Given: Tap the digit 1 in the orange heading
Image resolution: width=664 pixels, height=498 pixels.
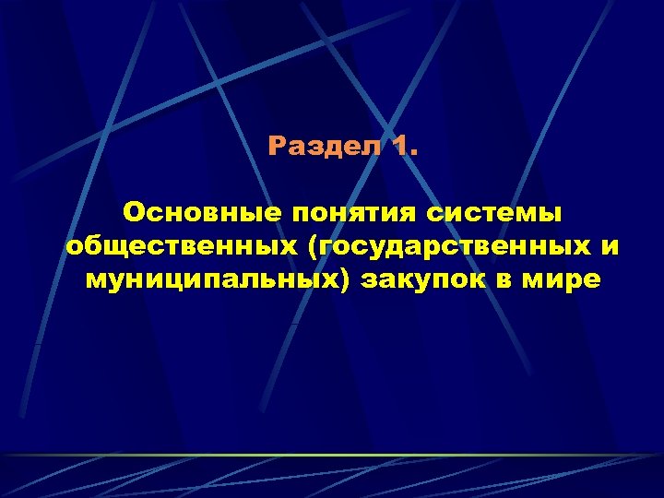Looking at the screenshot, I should coord(398,147).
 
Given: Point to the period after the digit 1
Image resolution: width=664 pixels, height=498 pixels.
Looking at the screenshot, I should coord(413,153).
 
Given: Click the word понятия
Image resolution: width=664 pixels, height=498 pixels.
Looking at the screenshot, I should coord(357,214).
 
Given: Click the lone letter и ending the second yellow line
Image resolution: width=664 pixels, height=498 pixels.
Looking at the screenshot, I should coord(609,247).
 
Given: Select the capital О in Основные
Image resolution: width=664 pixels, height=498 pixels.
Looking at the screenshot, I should coord(133,214).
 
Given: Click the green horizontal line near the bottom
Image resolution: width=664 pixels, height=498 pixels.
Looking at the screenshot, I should coord(332,455).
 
